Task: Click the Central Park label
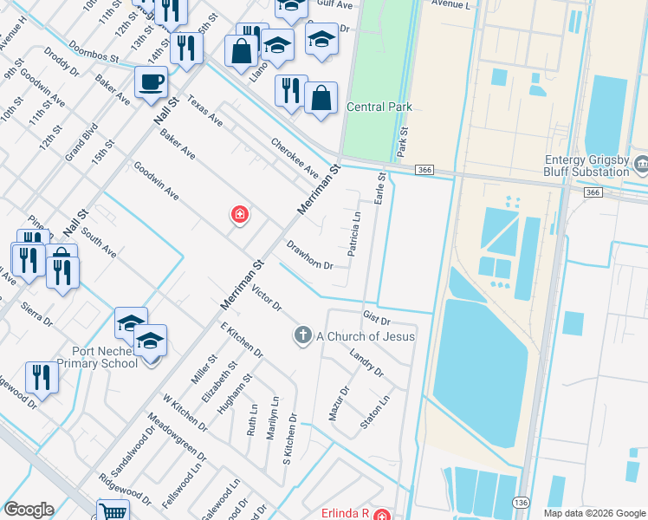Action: [x=379, y=107]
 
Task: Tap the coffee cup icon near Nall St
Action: [x=151, y=82]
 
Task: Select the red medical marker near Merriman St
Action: [x=239, y=214]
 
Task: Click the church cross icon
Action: [x=302, y=335]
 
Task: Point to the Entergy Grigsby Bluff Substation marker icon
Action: [x=641, y=162]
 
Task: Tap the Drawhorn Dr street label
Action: [x=309, y=254]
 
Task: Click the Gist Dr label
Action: [x=378, y=321]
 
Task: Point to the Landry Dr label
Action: [x=366, y=363]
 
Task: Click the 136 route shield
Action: [x=520, y=503]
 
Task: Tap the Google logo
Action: [x=29, y=510]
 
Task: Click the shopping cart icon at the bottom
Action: [x=113, y=511]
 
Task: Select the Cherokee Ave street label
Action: [x=295, y=155]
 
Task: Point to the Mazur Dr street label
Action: [x=338, y=403]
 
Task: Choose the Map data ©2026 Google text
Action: [x=593, y=513]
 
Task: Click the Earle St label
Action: [x=379, y=188]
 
